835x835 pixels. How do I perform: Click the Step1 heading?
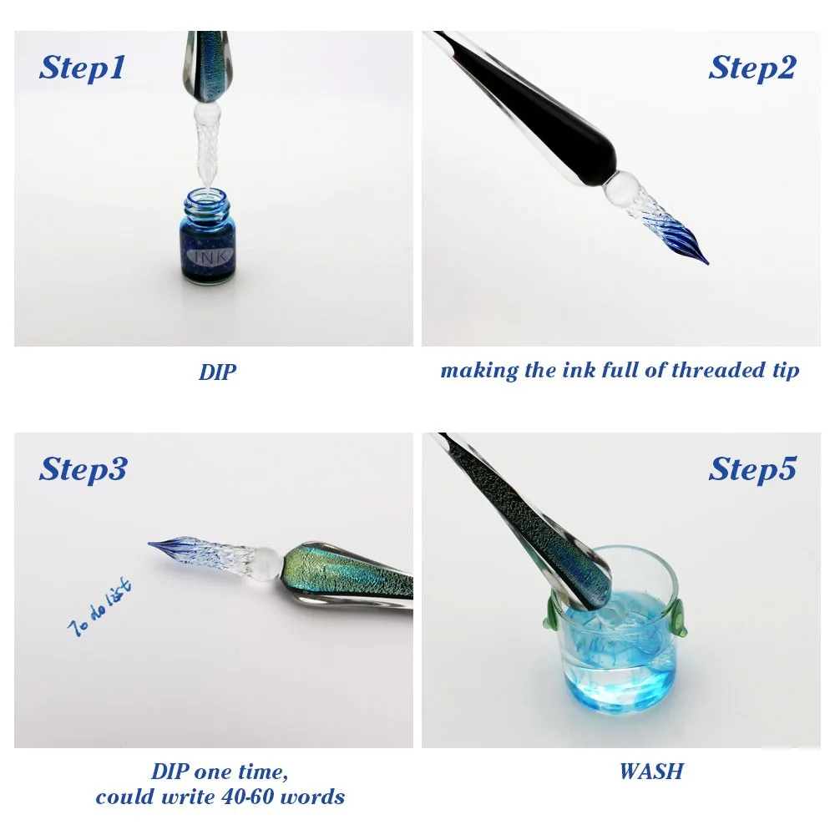tap(81, 68)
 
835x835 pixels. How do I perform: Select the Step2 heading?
tap(752, 68)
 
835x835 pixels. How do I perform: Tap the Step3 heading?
tap(83, 469)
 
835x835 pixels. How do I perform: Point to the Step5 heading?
tap(752, 469)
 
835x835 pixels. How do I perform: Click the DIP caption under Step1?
tap(218, 372)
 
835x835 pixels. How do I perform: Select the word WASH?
tap(651, 771)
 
